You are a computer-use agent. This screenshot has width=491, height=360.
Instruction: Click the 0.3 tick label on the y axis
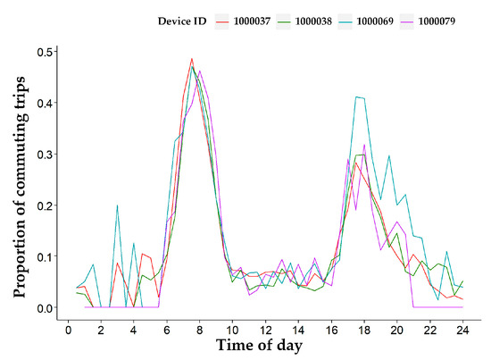tap(43, 154)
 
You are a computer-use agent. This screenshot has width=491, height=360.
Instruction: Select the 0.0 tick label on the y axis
tap(43, 308)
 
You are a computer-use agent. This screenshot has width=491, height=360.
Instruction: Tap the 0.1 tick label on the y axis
tap(43, 257)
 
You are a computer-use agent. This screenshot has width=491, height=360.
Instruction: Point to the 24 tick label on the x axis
tap(462, 330)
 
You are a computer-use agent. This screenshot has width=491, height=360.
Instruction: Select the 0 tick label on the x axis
tap(69, 330)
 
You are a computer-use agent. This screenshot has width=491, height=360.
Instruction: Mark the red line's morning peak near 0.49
tap(192, 59)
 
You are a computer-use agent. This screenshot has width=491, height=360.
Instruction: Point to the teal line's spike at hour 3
tap(117, 205)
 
